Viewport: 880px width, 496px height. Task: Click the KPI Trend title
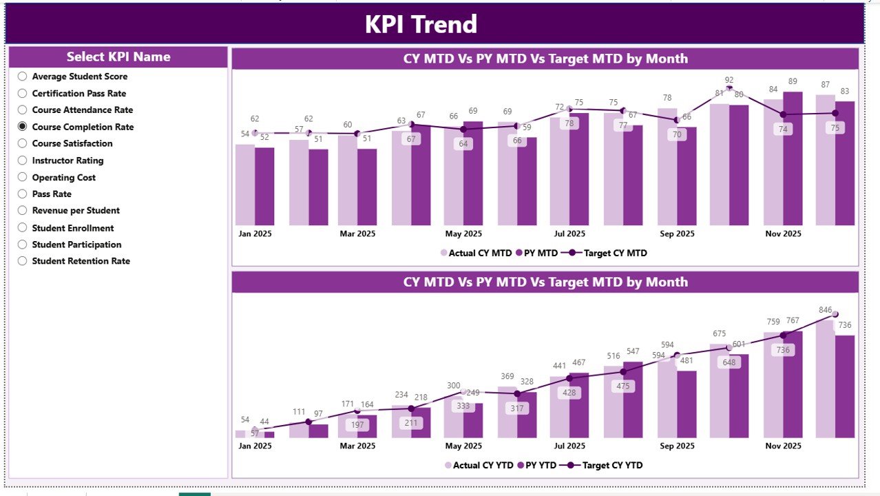click(x=421, y=24)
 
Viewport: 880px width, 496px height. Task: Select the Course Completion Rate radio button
click(x=23, y=127)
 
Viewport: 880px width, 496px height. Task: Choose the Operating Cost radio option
click(x=23, y=178)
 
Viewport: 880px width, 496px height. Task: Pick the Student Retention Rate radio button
click(x=23, y=261)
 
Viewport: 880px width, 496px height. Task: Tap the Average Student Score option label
click(x=79, y=76)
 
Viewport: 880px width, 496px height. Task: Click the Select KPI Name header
click(x=118, y=57)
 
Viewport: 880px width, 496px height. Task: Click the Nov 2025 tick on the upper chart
click(x=783, y=234)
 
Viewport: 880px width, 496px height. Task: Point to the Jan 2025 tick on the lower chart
click(x=255, y=446)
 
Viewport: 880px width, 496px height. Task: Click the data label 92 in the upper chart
click(x=729, y=80)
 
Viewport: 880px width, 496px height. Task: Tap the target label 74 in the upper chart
click(x=782, y=129)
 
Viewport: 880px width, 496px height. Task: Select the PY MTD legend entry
click(x=536, y=253)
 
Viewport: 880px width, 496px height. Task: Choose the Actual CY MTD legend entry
click(x=476, y=253)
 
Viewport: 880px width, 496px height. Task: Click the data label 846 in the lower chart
click(x=825, y=310)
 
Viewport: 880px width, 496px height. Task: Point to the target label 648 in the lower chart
click(x=729, y=362)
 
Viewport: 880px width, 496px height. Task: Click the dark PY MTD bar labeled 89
click(x=793, y=158)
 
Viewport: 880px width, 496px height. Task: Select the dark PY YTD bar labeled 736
click(x=845, y=386)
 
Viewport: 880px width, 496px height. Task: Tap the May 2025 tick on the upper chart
click(x=463, y=234)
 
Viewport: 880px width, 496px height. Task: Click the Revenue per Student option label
click(x=76, y=211)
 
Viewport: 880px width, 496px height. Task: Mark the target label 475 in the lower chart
click(x=622, y=386)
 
